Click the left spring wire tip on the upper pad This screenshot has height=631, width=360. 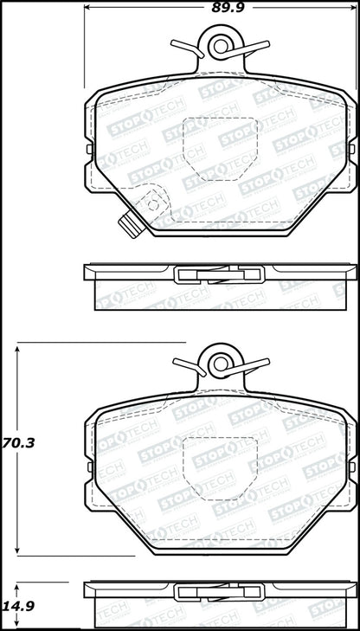tap(173, 44)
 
